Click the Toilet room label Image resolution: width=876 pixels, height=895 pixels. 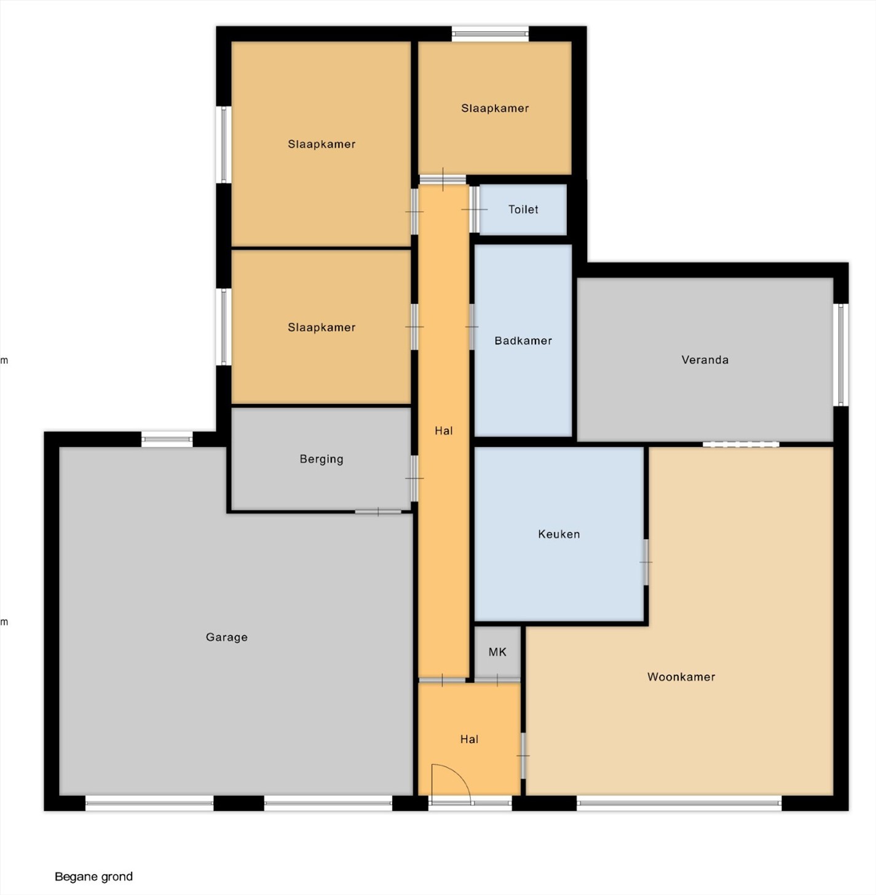[x=523, y=210]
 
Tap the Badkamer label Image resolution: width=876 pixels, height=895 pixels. [x=523, y=341]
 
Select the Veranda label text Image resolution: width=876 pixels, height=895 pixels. [x=704, y=360]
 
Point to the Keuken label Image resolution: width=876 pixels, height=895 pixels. [x=559, y=534]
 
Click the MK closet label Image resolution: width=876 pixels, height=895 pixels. [x=497, y=652]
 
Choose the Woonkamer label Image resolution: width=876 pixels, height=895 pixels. [x=681, y=677]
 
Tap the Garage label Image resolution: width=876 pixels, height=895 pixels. [x=226, y=637]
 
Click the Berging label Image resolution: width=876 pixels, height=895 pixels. [x=322, y=459]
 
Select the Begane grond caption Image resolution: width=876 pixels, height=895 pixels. [x=94, y=877]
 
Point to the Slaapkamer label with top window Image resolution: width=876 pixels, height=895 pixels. [x=495, y=108]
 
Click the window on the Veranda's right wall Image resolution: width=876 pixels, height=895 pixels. [x=841, y=355]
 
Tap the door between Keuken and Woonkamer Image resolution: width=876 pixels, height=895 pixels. [x=645, y=562]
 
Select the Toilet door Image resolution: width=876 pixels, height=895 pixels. [x=474, y=210]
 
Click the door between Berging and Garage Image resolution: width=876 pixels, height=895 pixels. [x=378, y=512]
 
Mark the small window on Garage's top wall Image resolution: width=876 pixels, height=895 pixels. [x=167, y=439]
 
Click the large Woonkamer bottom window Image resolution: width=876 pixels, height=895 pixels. [x=679, y=803]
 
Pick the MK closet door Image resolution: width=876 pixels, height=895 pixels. [x=497, y=680]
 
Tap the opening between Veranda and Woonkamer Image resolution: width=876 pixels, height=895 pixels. [x=741, y=444]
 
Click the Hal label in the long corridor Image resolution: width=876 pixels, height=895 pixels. [x=444, y=431]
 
